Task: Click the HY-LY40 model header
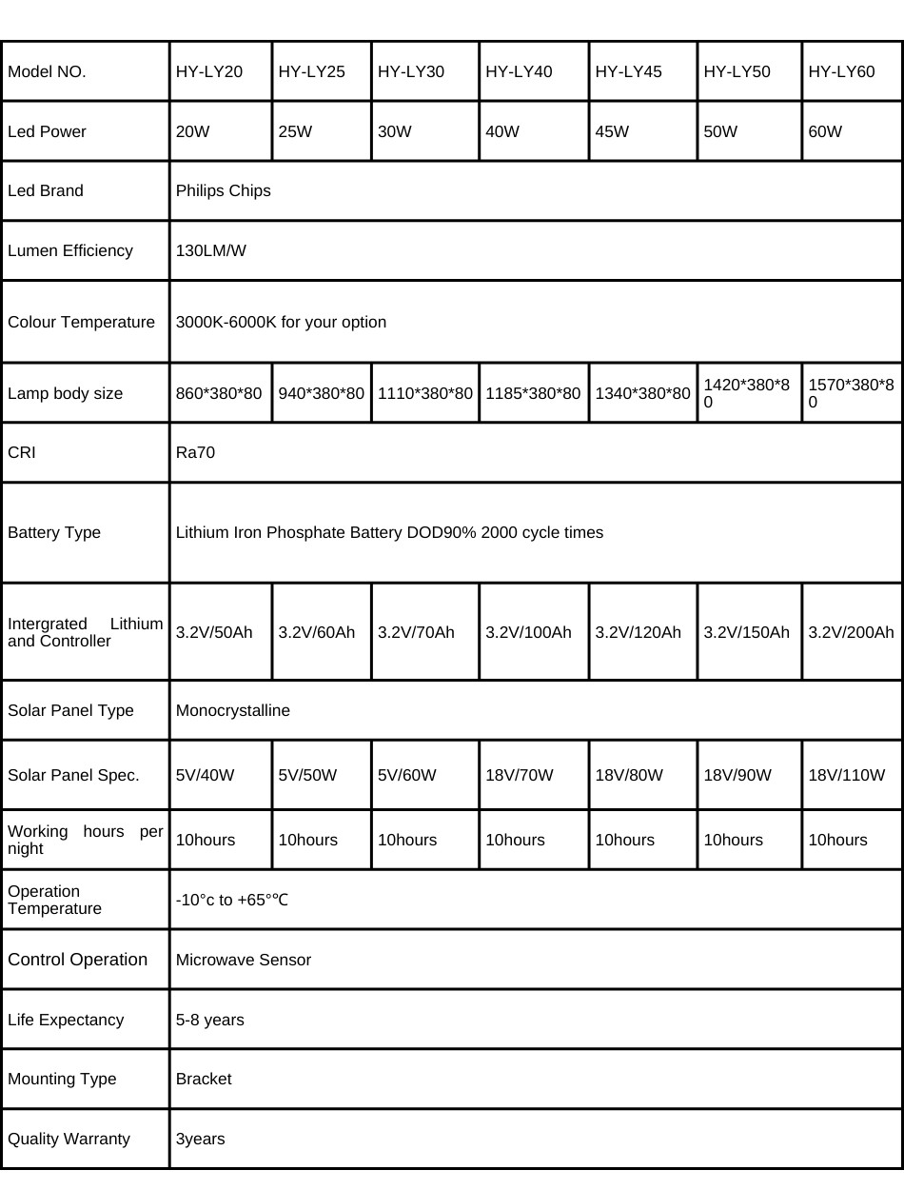coord(519,71)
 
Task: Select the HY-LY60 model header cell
coord(841,71)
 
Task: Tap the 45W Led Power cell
coord(612,131)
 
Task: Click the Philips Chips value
coord(223,190)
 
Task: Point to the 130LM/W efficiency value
coord(210,250)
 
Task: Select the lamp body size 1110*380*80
coord(424,393)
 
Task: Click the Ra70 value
coord(195,452)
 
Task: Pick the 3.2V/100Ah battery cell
coord(528,632)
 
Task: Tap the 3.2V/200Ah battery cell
coord(851,632)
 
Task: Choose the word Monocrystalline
coord(232,710)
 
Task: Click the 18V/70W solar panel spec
coord(519,775)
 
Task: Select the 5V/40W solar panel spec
coord(205,775)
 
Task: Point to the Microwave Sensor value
coord(243,960)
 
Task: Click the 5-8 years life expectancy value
coord(209,1020)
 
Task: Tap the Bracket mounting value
coord(204,1079)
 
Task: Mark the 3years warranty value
coord(200,1139)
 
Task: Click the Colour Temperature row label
coord(81,322)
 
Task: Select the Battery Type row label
coord(54,532)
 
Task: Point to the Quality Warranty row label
coord(69,1139)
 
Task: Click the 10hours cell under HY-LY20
coord(205,840)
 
